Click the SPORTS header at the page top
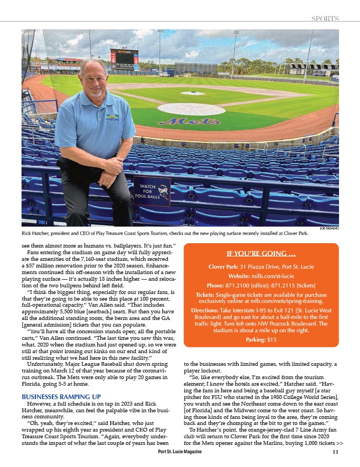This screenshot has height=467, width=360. (x=325, y=18)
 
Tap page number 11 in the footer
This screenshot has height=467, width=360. (x=335, y=452)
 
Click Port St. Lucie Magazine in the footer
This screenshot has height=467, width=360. (x=179, y=452)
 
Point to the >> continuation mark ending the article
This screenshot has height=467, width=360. (x=340, y=443)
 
